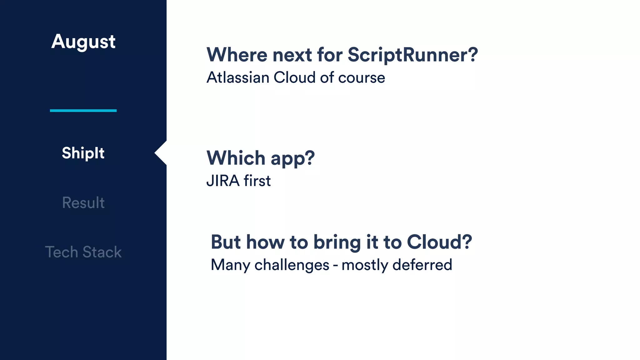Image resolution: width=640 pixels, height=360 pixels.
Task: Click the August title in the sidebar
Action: [x=83, y=42]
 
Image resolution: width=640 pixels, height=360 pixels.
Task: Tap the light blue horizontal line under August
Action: [x=83, y=111]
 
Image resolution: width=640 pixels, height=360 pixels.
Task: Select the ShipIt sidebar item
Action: [x=83, y=153]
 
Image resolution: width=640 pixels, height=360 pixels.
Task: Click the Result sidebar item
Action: [x=83, y=203]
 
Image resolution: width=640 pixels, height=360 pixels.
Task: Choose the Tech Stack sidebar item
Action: [x=83, y=252]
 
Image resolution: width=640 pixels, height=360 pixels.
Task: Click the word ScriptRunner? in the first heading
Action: [x=412, y=55]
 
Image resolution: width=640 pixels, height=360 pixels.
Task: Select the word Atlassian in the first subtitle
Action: [x=238, y=77]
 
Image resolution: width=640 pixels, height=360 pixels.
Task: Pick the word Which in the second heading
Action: [x=236, y=158]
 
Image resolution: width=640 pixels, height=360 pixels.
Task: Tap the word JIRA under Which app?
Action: [x=223, y=181]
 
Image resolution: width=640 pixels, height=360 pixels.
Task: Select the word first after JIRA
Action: [x=257, y=181]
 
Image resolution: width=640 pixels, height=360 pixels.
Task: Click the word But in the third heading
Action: [x=226, y=242]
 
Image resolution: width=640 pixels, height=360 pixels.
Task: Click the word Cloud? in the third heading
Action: [x=439, y=242]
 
